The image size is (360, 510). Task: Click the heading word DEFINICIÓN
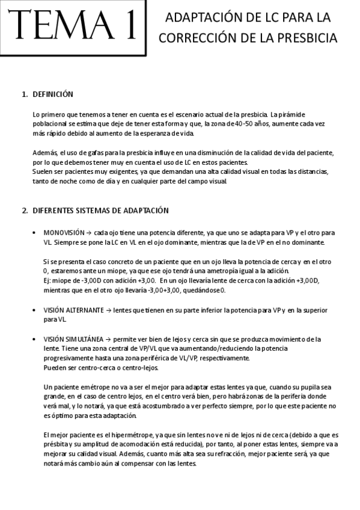pyautogui.click(x=53, y=94)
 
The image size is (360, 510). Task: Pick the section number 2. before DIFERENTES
pyautogui.click(x=25, y=210)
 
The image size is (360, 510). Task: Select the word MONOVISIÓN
pyautogui.click(x=63, y=232)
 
